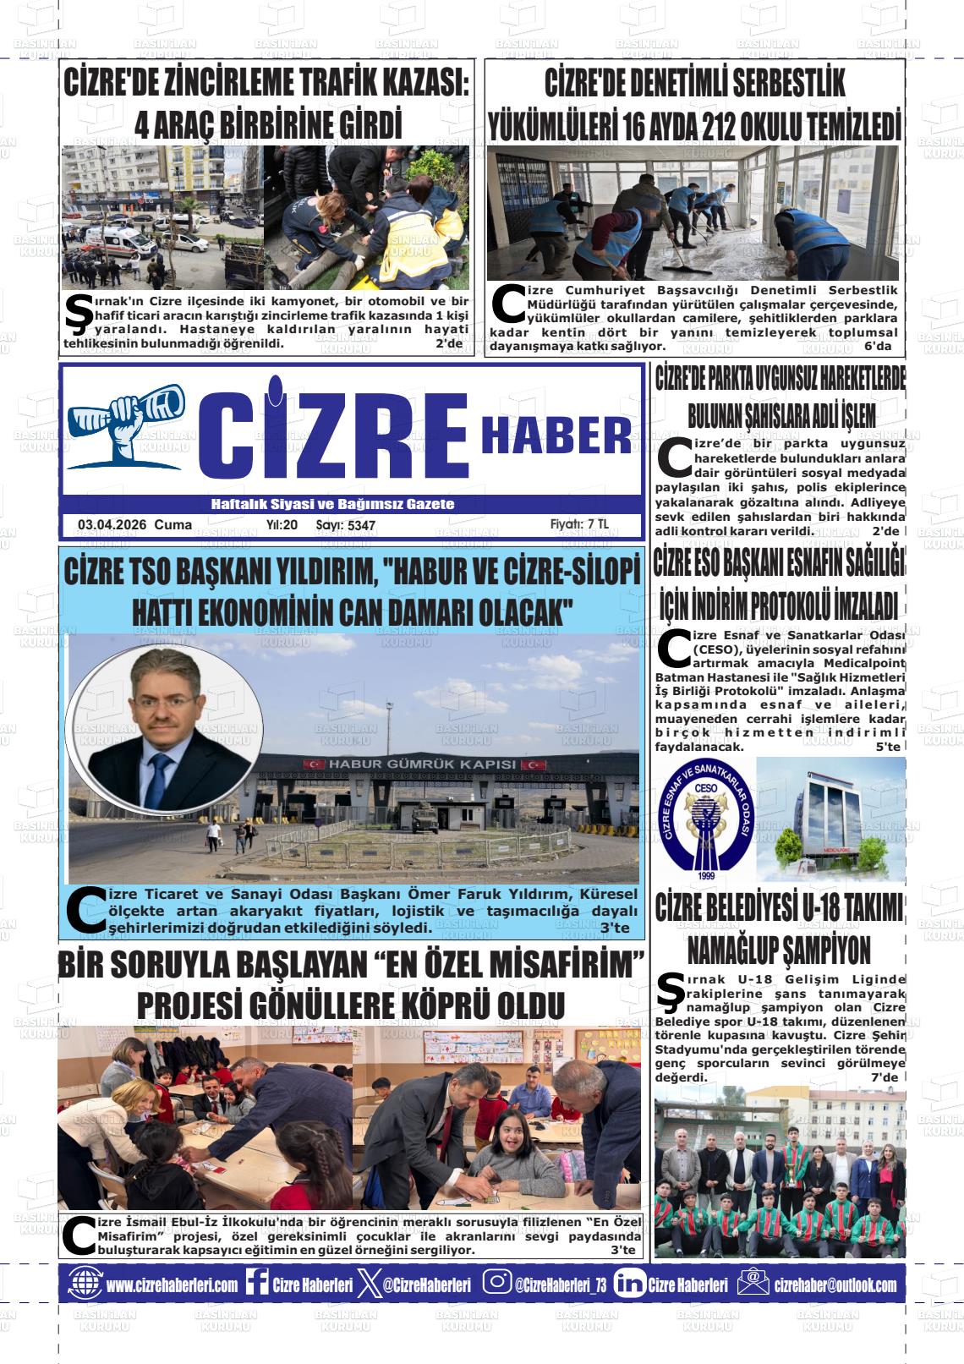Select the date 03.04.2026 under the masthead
click(112, 525)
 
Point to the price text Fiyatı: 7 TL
click(579, 524)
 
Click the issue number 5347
click(361, 526)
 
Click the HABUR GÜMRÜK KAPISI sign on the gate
click(421, 764)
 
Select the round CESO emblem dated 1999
click(704, 817)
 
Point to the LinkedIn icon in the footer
click(629, 1284)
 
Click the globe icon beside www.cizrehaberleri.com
click(85, 1284)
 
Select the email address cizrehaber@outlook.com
click(835, 1285)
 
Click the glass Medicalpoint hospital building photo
click(830, 819)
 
